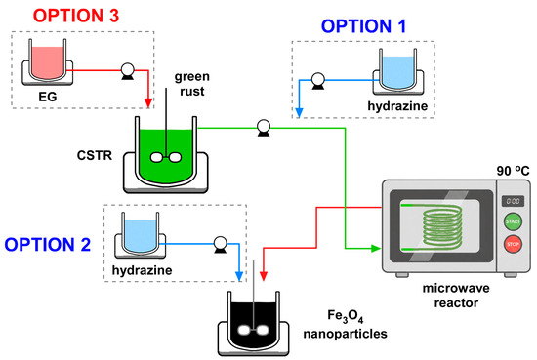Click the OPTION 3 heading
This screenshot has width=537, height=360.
[x=76, y=16]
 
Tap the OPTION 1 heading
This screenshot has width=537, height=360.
[x=363, y=26]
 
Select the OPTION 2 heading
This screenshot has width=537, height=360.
[x=47, y=244]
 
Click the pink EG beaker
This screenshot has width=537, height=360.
[x=47, y=61]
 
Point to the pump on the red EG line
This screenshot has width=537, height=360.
[x=127, y=71]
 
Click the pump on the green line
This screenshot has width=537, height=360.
[x=264, y=129]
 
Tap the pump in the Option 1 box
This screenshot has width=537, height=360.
[x=318, y=81]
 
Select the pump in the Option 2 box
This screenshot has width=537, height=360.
[x=221, y=244]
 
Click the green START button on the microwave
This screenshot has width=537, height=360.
[x=513, y=221]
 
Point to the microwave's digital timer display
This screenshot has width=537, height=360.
[x=513, y=201]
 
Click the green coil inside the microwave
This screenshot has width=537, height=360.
[x=442, y=227]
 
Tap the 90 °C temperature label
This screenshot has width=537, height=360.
[x=513, y=171]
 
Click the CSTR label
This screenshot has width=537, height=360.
[x=95, y=156]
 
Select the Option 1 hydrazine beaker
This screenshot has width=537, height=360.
[x=398, y=71]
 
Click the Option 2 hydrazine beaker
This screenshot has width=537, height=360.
[x=140, y=235]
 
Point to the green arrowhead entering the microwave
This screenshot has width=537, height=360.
[x=376, y=249]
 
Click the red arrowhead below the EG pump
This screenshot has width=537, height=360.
[x=148, y=103]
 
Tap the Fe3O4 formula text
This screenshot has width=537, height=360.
[x=345, y=316]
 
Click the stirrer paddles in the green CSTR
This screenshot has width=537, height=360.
[x=166, y=157]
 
